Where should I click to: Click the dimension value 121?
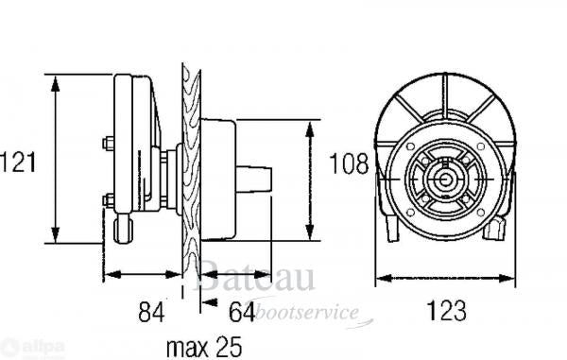click(x=19, y=162)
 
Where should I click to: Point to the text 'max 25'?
click(x=202, y=347)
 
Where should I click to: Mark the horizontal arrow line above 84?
click(x=142, y=275)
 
